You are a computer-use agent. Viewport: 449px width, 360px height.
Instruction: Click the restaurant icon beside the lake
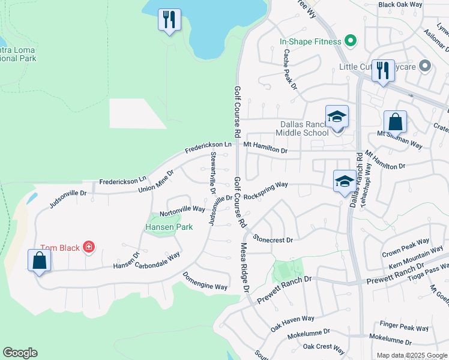click(x=169, y=19)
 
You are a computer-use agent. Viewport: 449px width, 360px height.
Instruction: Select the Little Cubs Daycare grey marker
click(x=425, y=66)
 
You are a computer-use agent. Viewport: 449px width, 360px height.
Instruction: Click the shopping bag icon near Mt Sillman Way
click(x=395, y=122)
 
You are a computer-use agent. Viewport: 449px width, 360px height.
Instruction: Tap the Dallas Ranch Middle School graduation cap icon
click(x=337, y=117)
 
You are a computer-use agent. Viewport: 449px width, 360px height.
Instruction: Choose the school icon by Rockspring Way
click(x=345, y=181)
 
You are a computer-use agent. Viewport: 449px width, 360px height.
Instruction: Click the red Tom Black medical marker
click(x=89, y=247)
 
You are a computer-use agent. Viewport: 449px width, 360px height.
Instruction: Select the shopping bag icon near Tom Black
click(x=39, y=260)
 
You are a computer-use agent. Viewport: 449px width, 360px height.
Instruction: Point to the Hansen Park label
click(x=169, y=227)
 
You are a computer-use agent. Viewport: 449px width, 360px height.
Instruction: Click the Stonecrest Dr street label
click(x=273, y=239)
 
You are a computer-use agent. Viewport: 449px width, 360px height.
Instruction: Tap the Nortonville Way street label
click(x=182, y=210)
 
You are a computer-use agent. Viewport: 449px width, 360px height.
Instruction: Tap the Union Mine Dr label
click(x=155, y=180)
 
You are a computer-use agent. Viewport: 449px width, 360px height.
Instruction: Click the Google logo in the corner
click(x=20, y=353)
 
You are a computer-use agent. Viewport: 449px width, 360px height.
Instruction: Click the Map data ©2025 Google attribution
click(x=411, y=355)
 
